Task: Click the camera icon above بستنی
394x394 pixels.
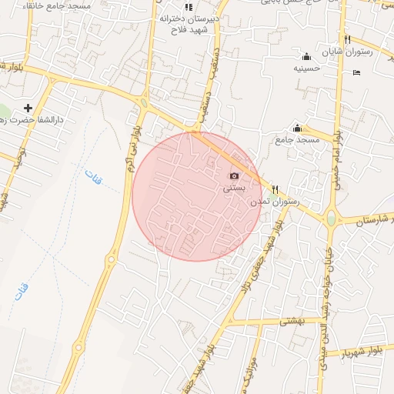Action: coord(234,176)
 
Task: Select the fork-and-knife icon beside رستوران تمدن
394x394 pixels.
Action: coord(275,189)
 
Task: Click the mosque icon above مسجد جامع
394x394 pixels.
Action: coord(297,128)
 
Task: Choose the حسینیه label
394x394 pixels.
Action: coord(306,68)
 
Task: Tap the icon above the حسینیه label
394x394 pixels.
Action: coord(306,56)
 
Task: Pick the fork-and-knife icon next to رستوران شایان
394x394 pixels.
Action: coord(348,39)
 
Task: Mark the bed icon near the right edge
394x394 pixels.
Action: coord(355,72)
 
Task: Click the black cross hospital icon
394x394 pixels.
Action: coord(29,108)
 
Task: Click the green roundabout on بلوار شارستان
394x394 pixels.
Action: coord(331,219)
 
